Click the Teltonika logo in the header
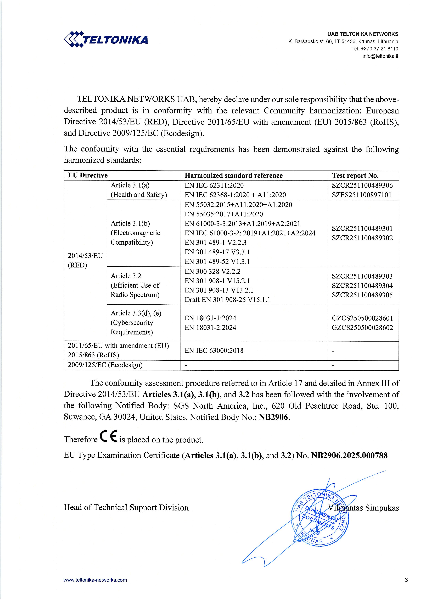106,39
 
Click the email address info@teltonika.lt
380,56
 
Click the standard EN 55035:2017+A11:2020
224,214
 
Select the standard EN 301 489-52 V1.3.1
217,261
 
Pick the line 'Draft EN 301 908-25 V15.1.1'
227,299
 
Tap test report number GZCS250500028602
362,327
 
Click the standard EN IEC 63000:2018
214,350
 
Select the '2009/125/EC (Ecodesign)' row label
105,365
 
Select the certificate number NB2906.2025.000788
349,455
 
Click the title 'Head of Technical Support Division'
126,507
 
